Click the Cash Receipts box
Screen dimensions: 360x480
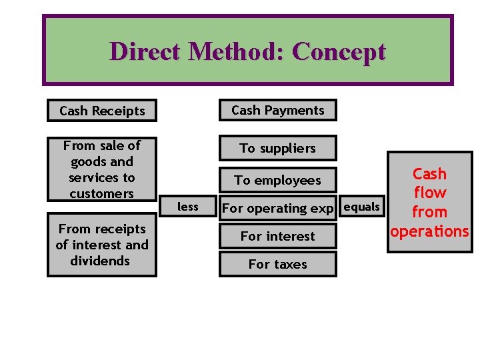pyautogui.click(x=101, y=111)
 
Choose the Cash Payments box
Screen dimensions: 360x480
pyautogui.click(x=277, y=110)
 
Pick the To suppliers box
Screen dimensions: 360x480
pyautogui.click(x=277, y=148)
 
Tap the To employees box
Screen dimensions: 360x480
pyautogui.click(x=277, y=180)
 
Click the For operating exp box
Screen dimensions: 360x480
pyautogui.click(x=277, y=208)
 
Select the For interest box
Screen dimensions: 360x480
pyautogui.click(x=277, y=236)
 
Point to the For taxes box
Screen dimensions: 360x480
pyautogui.click(x=277, y=264)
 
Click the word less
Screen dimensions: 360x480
pyautogui.click(x=187, y=207)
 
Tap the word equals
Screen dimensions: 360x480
pyautogui.click(x=362, y=207)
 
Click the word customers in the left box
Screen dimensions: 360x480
pyautogui.click(x=101, y=194)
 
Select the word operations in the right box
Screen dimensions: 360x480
pyautogui.click(x=430, y=231)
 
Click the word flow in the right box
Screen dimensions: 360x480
pyautogui.click(x=430, y=193)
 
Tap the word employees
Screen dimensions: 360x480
pyautogui.click(x=287, y=180)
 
